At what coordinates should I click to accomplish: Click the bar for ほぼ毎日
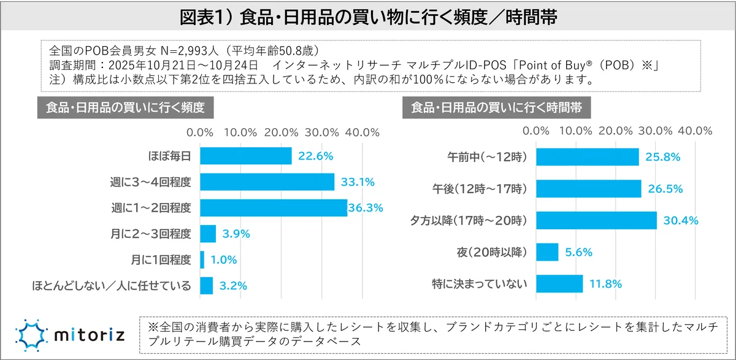click(245, 156)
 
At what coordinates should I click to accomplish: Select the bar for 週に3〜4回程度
click(267, 182)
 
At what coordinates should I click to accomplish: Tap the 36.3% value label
click(366, 208)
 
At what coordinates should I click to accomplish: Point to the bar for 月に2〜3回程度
click(208, 234)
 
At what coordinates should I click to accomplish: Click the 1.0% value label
click(223, 260)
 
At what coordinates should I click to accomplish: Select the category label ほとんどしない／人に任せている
click(111, 286)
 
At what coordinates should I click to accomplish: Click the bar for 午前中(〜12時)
click(588, 157)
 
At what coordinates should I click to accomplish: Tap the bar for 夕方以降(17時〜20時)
click(597, 220)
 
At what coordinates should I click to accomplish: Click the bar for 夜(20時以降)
click(548, 252)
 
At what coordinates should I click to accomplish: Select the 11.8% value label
click(605, 284)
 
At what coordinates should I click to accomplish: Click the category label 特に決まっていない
click(484, 284)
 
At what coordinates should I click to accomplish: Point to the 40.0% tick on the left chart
click(362, 132)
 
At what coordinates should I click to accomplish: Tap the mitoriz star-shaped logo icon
click(28, 335)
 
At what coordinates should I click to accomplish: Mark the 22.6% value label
click(315, 156)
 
